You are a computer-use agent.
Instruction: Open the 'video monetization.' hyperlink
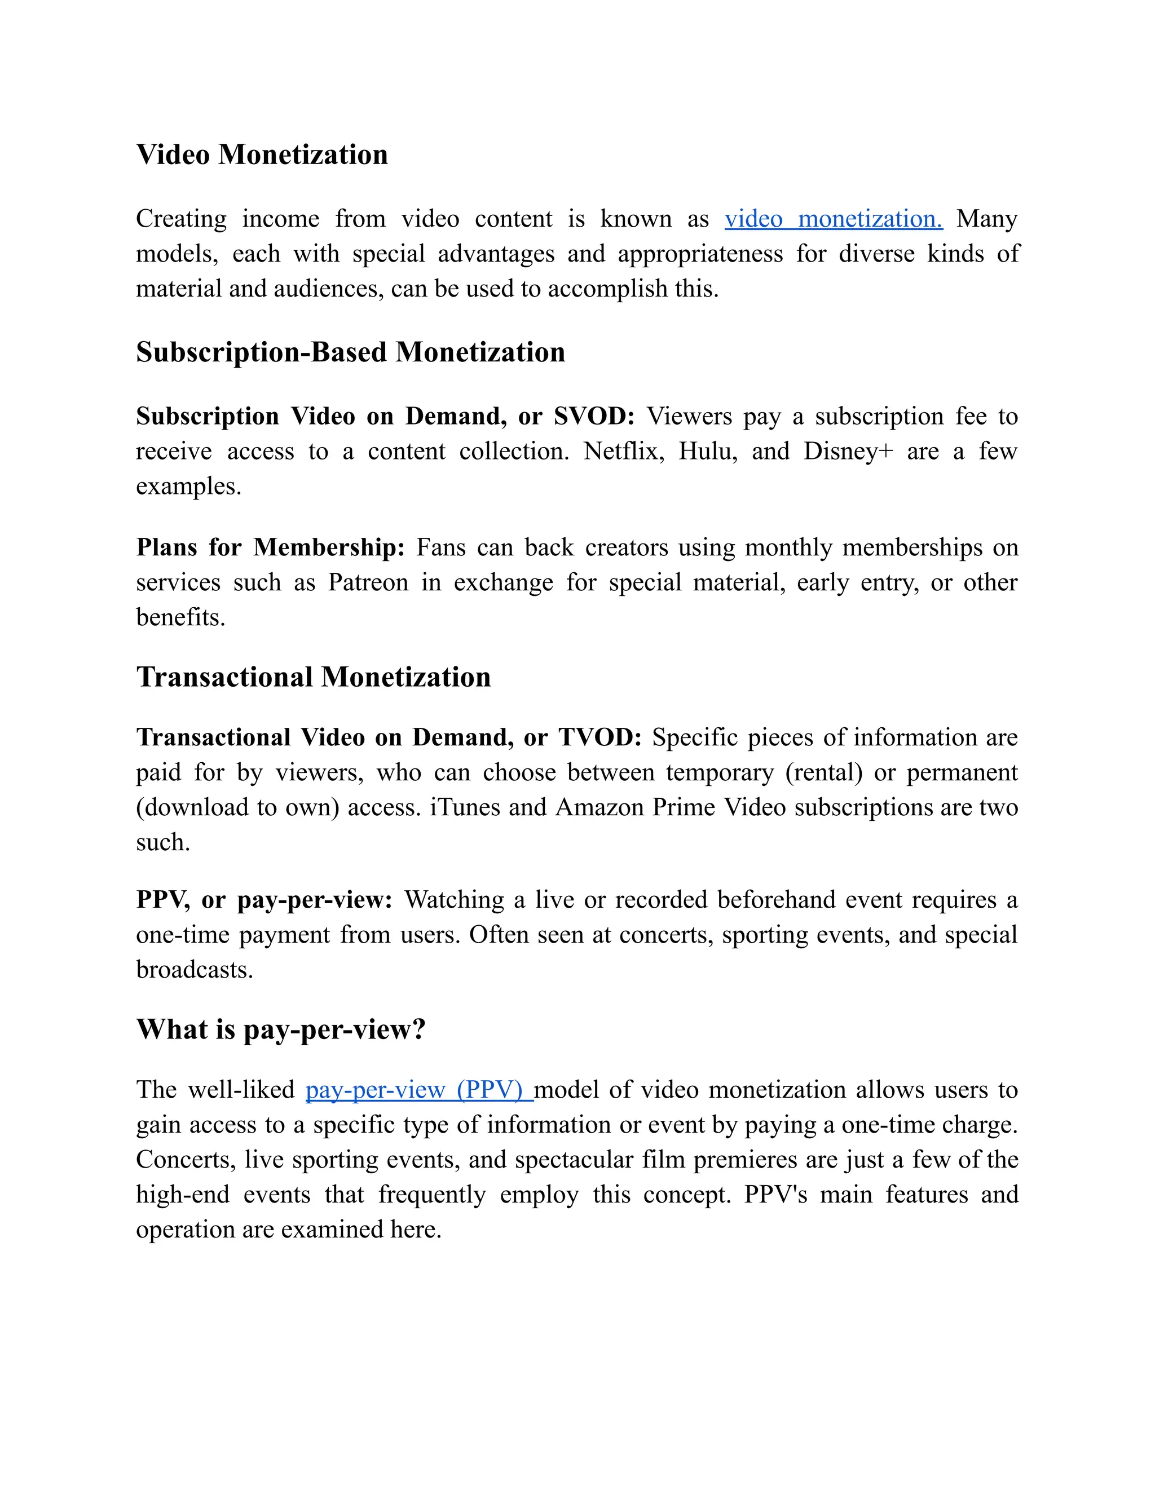833,219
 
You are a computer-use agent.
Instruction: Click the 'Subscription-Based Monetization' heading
350,352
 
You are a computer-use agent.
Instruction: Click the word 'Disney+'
848,452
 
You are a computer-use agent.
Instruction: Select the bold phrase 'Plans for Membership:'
270,547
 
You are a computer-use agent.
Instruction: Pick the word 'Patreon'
368,582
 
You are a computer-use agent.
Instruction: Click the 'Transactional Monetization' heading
314,677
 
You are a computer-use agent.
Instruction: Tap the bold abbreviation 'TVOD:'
599,737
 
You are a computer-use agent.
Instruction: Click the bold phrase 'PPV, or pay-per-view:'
264,900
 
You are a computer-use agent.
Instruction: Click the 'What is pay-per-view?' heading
280,1029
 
